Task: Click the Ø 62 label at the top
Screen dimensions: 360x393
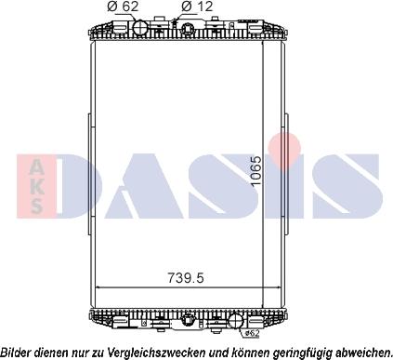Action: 124,7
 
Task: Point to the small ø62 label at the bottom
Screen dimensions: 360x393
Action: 250,332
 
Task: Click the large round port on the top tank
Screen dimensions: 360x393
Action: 141,28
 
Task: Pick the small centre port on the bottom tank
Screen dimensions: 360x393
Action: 189,322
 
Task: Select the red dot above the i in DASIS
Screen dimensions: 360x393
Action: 291,145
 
